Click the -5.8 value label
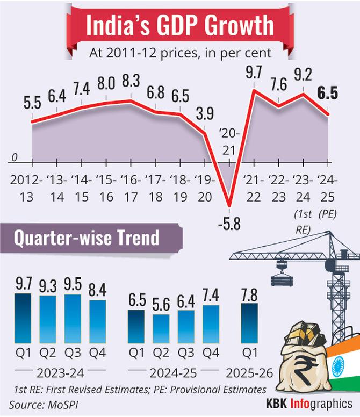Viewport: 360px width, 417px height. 230,220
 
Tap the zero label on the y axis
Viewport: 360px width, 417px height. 15,157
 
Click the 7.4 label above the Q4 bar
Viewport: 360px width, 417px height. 211,296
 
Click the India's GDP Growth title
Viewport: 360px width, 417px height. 180,26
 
